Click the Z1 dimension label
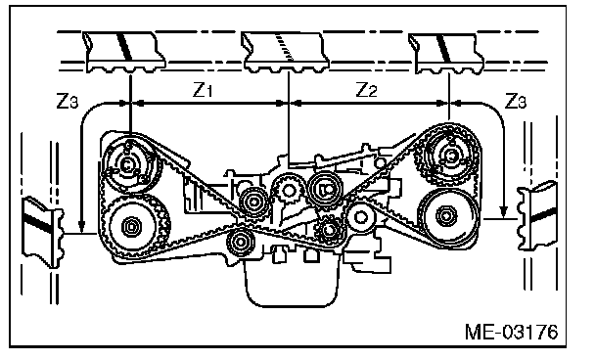click(202, 90)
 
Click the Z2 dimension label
click(367, 90)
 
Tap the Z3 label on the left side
click(68, 102)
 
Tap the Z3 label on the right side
click(516, 102)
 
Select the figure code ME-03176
click(512, 332)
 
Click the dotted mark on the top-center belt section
click(284, 46)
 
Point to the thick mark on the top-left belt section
click(125, 46)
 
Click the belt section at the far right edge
click(538, 215)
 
